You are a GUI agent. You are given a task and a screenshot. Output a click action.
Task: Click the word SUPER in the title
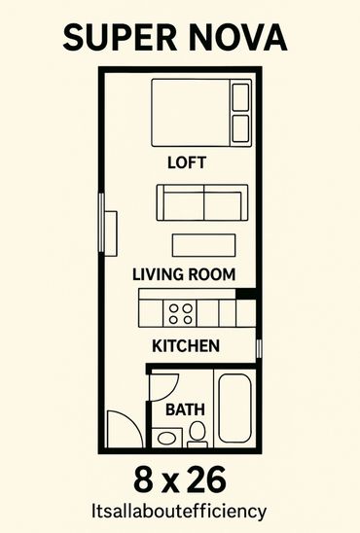tap(120, 37)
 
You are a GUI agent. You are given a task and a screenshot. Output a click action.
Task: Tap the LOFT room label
tap(187, 162)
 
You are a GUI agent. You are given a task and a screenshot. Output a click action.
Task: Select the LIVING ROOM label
tap(184, 274)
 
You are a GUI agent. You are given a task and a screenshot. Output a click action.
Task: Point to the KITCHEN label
tap(186, 346)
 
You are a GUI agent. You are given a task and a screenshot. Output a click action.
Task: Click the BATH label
tap(185, 409)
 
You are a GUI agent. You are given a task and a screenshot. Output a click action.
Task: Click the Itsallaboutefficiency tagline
tap(179, 512)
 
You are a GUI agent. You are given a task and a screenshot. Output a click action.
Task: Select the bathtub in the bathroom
tap(234, 408)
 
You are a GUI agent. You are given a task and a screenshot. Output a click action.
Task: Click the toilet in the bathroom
tap(197, 434)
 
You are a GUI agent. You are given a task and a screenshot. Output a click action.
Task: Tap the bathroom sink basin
tap(167, 438)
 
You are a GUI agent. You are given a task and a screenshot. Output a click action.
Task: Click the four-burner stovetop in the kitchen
tap(180, 313)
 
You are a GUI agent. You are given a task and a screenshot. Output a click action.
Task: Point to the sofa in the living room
tap(202, 202)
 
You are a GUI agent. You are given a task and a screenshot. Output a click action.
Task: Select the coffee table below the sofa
tap(204, 245)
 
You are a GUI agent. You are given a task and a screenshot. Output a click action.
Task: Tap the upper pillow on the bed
tap(240, 96)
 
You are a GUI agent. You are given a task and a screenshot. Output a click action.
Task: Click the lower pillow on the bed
tap(240, 128)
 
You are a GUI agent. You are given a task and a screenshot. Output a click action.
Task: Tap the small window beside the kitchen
tap(259, 348)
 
